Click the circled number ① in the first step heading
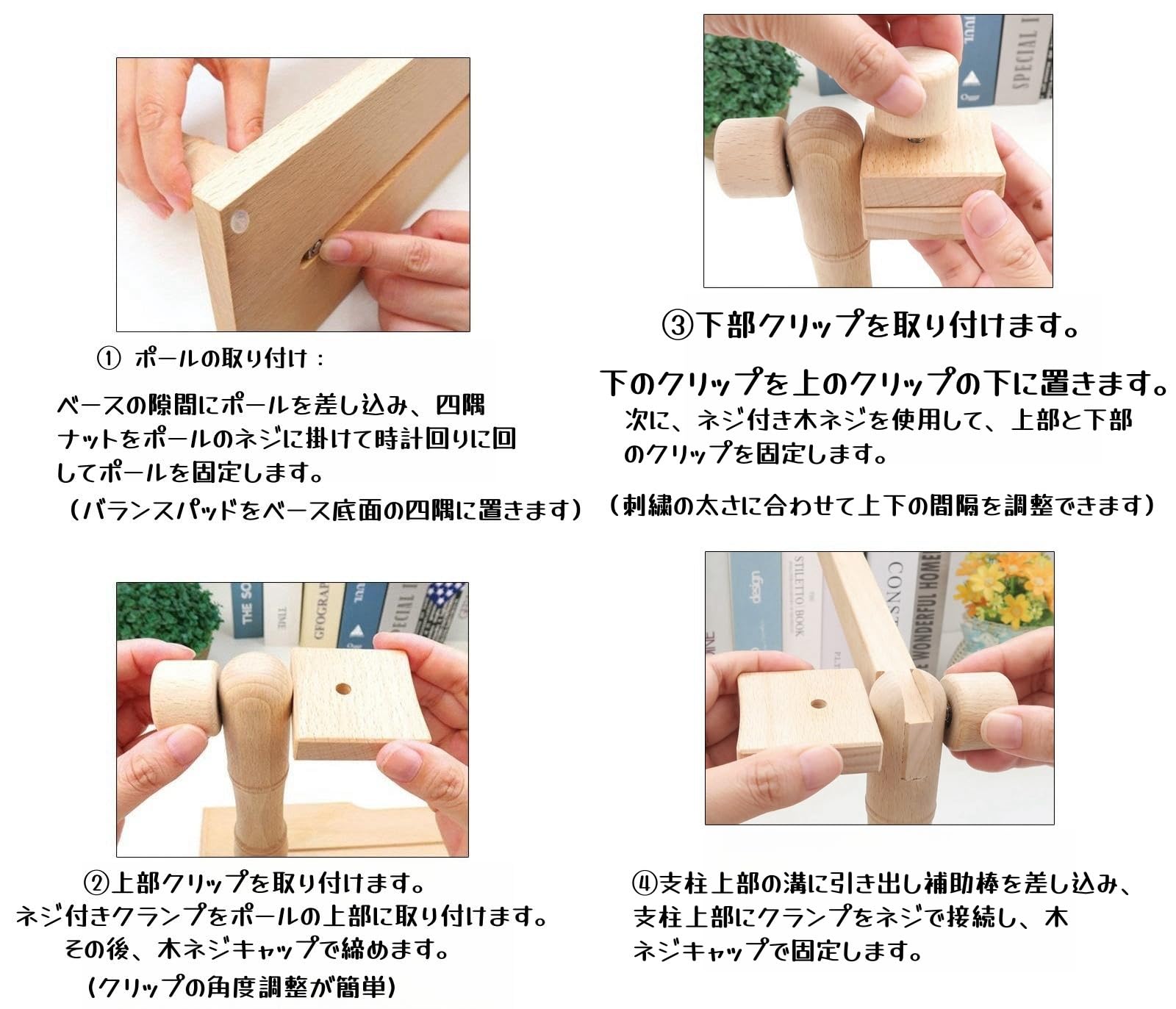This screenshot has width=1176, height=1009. (x=108, y=359)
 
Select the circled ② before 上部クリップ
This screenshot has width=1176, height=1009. (x=97, y=883)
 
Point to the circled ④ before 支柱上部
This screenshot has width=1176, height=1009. (x=645, y=883)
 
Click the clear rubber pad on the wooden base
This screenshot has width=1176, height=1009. (x=240, y=220)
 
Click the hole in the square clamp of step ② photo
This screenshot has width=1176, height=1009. (x=343, y=689)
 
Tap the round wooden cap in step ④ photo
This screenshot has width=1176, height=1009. (x=978, y=712)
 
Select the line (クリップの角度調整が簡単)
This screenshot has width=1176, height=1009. (x=242, y=987)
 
